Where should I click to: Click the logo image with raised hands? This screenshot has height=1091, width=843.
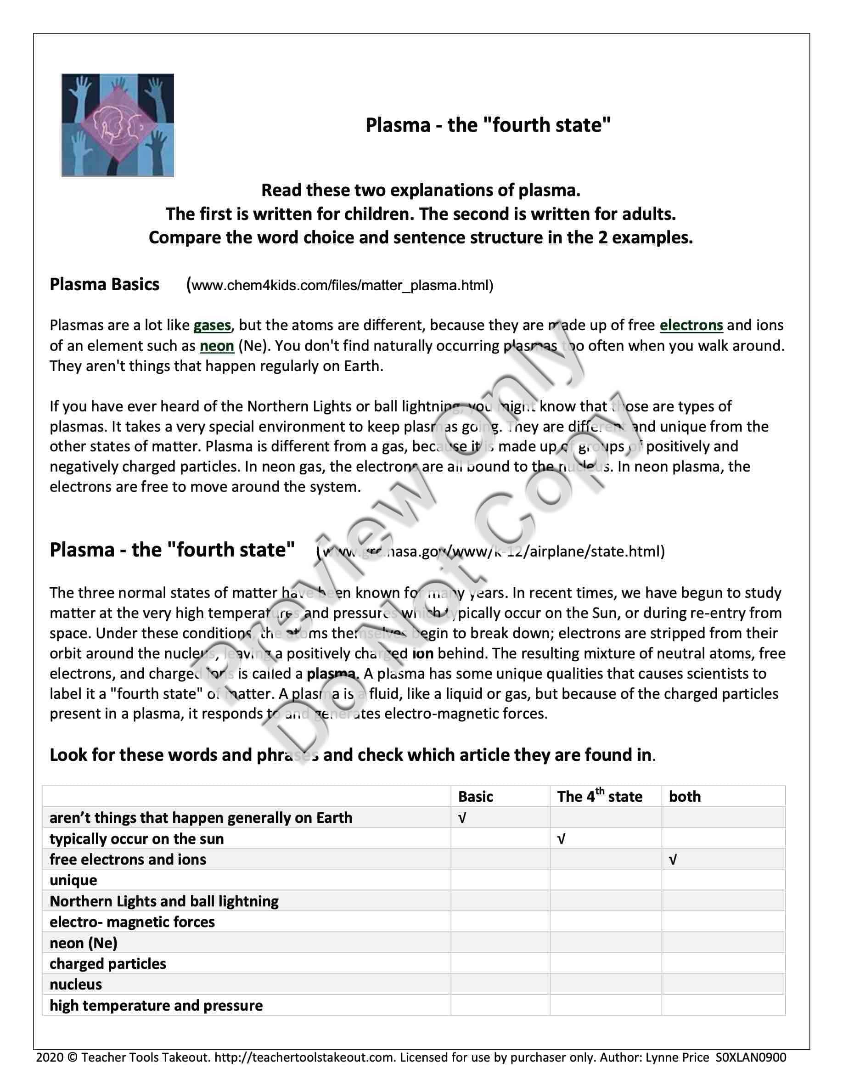click(118, 125)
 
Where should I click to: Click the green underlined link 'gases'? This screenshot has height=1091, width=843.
click(212, 326)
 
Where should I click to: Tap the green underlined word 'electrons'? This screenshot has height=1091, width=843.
click(691, 326)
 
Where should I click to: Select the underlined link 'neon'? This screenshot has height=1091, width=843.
click(217, 346)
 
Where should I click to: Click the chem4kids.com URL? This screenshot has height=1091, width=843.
click(342, 286)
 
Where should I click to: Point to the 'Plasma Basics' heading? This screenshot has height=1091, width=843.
click(104, 285)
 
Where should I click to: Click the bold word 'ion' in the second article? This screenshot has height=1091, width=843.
click(423, 653)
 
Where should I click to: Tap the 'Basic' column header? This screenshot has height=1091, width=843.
click(475, 797)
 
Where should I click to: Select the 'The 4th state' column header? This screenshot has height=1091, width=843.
click(599, 797)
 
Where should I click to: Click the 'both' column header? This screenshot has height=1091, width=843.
click(685, 797)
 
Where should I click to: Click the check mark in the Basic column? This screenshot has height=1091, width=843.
click(462, 818)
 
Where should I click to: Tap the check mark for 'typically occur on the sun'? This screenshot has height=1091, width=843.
click(562, 839)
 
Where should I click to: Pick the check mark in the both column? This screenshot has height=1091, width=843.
click(673, 860)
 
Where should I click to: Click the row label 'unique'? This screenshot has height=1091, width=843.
click(73, 881)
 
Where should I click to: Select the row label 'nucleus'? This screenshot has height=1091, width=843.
click(76, 984)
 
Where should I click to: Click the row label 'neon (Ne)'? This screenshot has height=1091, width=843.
click(84, 943)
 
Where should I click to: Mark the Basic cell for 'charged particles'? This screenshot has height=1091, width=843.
click(500, 964)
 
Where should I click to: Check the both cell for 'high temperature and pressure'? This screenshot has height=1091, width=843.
click(723, 1006)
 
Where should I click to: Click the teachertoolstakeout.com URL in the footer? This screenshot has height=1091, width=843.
click(305, 1057)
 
